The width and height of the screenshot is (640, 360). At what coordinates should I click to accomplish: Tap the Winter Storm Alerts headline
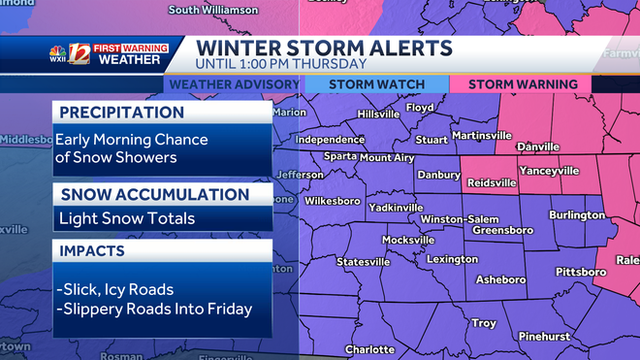323,48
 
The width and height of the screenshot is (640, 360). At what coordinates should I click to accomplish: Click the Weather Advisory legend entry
234,84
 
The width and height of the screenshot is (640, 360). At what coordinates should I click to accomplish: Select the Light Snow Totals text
125,218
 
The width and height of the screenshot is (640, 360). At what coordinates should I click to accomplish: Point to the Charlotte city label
369,349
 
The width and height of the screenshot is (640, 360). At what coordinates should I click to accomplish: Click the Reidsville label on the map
491,181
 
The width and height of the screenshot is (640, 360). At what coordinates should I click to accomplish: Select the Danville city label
538,147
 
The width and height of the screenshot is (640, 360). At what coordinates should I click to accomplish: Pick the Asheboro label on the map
500,279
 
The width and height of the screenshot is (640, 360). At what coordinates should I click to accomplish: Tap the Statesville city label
364,262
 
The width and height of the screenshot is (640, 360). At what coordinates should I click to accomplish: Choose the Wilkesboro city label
333,202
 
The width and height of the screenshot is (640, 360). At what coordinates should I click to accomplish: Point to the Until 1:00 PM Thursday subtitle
281,64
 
